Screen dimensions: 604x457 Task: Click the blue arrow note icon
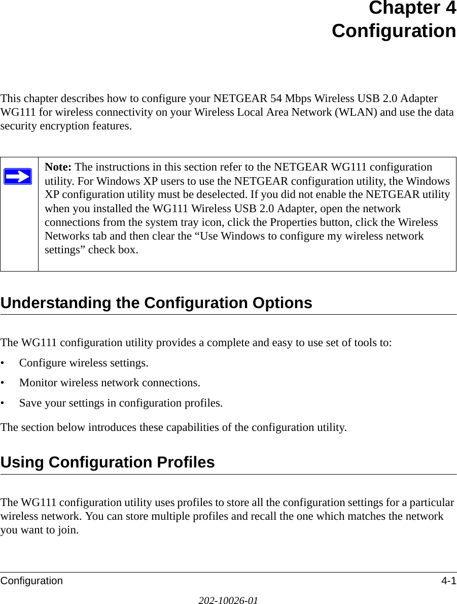point(18,177)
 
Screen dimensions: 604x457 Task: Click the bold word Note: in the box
point(58,167)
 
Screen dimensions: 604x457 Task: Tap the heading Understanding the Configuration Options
point(156,303)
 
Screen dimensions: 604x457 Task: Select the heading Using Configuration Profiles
point(108,462)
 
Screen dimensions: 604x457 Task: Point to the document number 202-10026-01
point(228,600)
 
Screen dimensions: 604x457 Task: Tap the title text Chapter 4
point(412,9)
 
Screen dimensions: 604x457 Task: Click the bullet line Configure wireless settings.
point(84,363)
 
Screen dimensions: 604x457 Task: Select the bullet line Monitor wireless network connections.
point(109,382)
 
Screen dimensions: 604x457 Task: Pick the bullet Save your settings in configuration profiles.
point(120,403)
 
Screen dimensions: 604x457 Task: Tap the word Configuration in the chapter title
point(394,31)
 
